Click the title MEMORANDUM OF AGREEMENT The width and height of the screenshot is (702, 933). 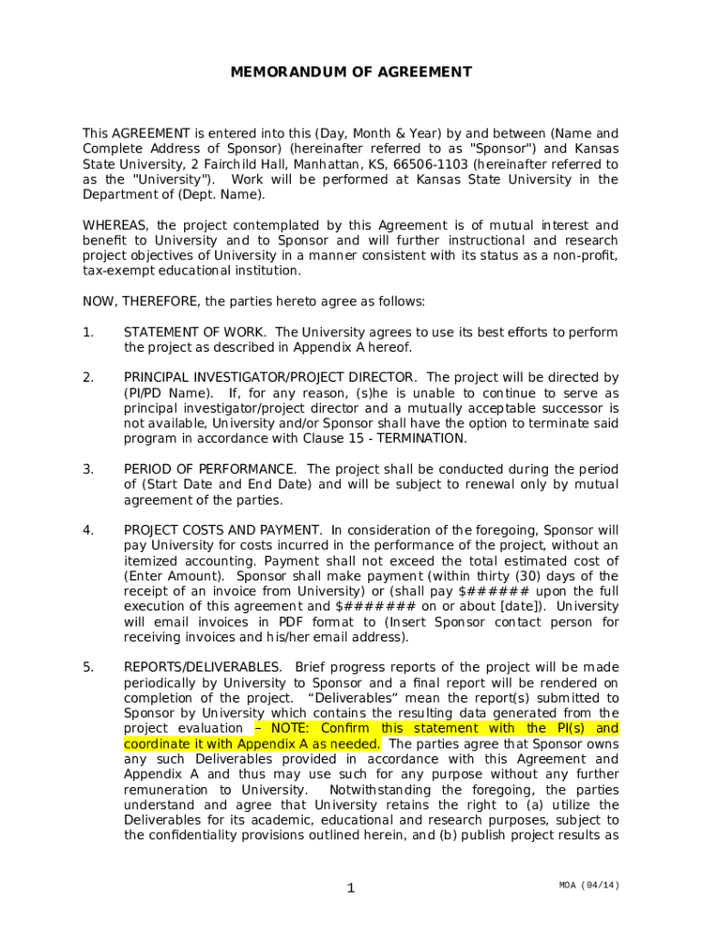pyautogui.click(x=351, y=72)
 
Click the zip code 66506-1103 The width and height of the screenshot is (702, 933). pyautogui.click(x=430, y=164)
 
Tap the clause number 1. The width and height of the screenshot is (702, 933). pyautogui.click(x=88, y=333)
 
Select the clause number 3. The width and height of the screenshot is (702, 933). pyautogui.click(x=88, y=469)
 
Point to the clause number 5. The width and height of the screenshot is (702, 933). pyautogui.click(x=88, y=667)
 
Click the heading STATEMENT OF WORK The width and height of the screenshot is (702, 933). pyautogui.click(x=195, y=333)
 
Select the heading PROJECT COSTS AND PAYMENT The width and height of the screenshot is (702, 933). pyautogui.click(x=222, y=530)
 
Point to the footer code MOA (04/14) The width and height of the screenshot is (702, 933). pyautogui.click(x=590, y=886)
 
